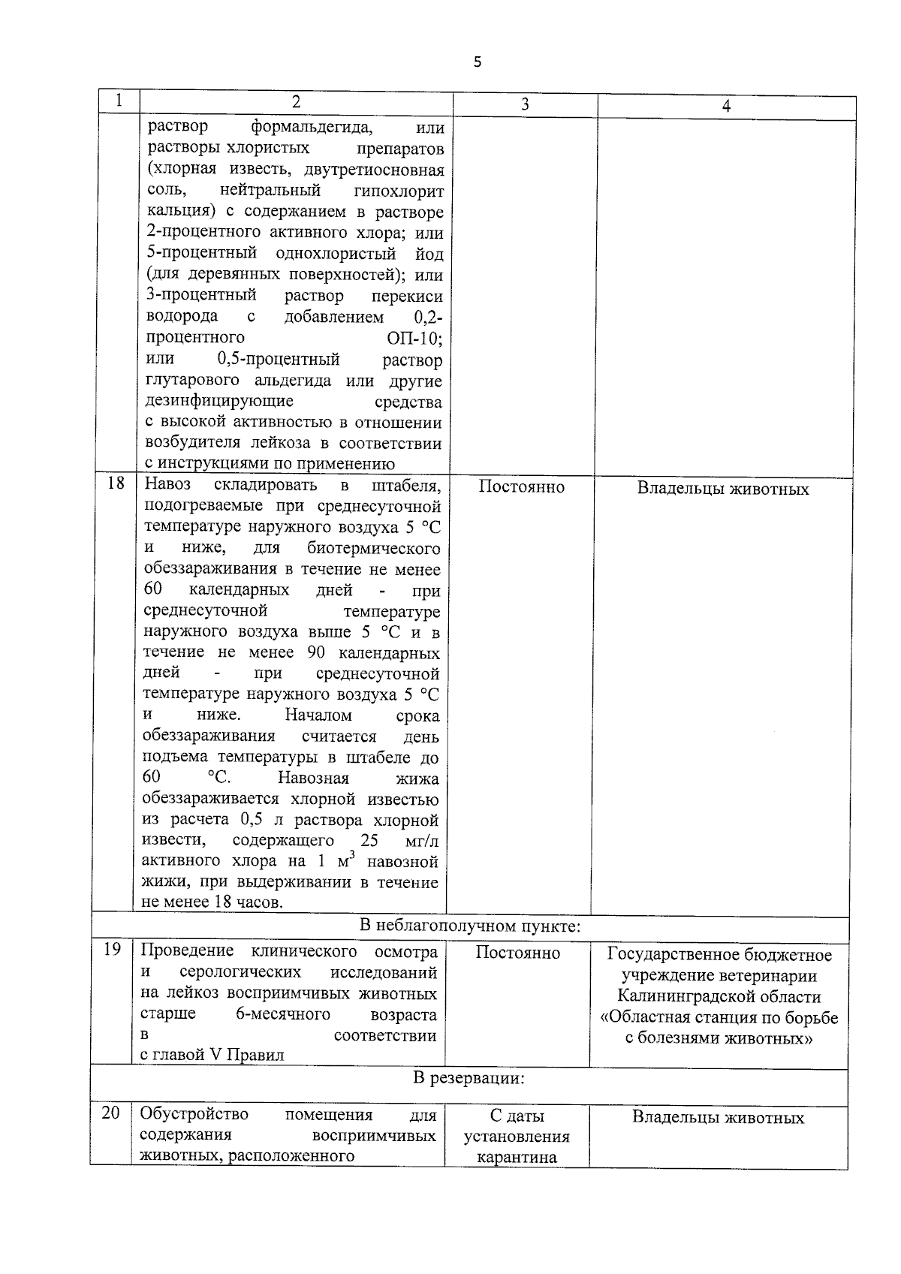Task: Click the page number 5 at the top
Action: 478,62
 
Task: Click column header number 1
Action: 119,101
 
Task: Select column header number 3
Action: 524,105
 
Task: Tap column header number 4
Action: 725,107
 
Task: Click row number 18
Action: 116,483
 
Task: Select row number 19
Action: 112,950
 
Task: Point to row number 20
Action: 110,1113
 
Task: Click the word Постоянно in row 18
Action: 521,486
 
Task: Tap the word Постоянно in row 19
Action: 517,953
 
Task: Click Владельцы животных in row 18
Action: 723,489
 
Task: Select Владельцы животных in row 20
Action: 718,1118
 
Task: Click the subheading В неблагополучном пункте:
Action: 470,926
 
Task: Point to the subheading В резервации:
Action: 469,1079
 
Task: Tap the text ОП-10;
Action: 414,338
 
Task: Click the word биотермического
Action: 373,548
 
